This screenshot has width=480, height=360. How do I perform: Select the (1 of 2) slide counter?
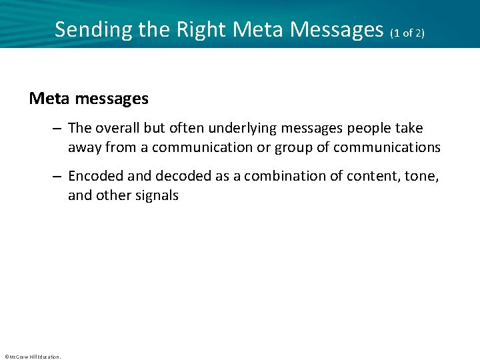point(407,32)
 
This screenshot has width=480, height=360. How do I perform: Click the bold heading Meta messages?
point(89,99)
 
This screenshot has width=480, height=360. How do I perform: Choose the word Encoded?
point(95,177)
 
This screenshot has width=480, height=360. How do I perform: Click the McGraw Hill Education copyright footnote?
point(32,357)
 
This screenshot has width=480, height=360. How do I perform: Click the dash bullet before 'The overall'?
point(59,129)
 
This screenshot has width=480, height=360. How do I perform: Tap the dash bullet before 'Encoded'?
point(59,177)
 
